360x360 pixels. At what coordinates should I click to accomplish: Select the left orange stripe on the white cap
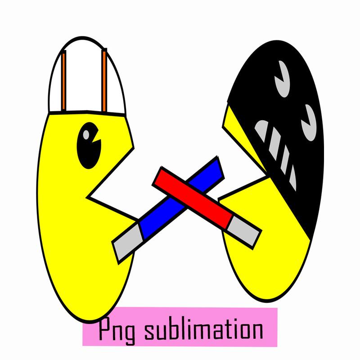point(64,81)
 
